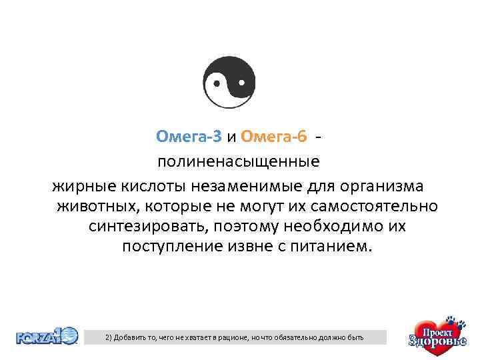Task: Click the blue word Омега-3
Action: pyautogui.click(x=189, y=137)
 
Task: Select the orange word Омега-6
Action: pyautogui.click(x=274, y=137)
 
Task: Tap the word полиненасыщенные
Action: pyautogui.click(x=238, y=161)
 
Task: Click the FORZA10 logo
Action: pyautogui.click(x=47, y=335)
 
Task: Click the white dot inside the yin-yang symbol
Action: pyautogui.click(x=217, y=84)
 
